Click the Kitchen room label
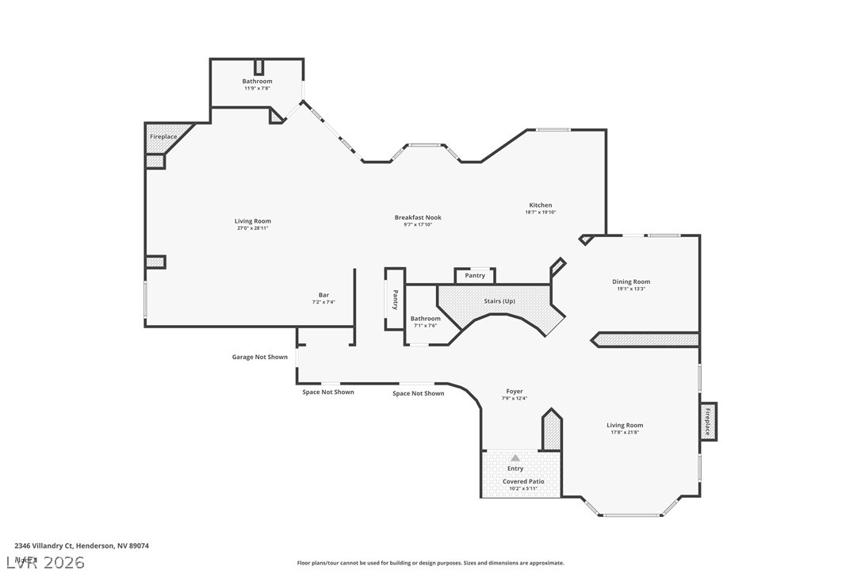540,205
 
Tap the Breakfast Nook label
418,217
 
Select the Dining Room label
630,281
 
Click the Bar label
323,295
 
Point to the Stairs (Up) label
499,301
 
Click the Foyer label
515,391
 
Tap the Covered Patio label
522,481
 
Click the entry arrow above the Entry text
515,457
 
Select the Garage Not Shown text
259,357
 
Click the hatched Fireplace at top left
164,136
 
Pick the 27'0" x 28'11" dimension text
253,228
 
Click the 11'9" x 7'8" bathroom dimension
257,88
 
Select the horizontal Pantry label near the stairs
475,276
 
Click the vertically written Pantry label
395,300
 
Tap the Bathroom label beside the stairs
425,319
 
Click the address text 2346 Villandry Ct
82,545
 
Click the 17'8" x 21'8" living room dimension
625,432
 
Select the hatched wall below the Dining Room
646,339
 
